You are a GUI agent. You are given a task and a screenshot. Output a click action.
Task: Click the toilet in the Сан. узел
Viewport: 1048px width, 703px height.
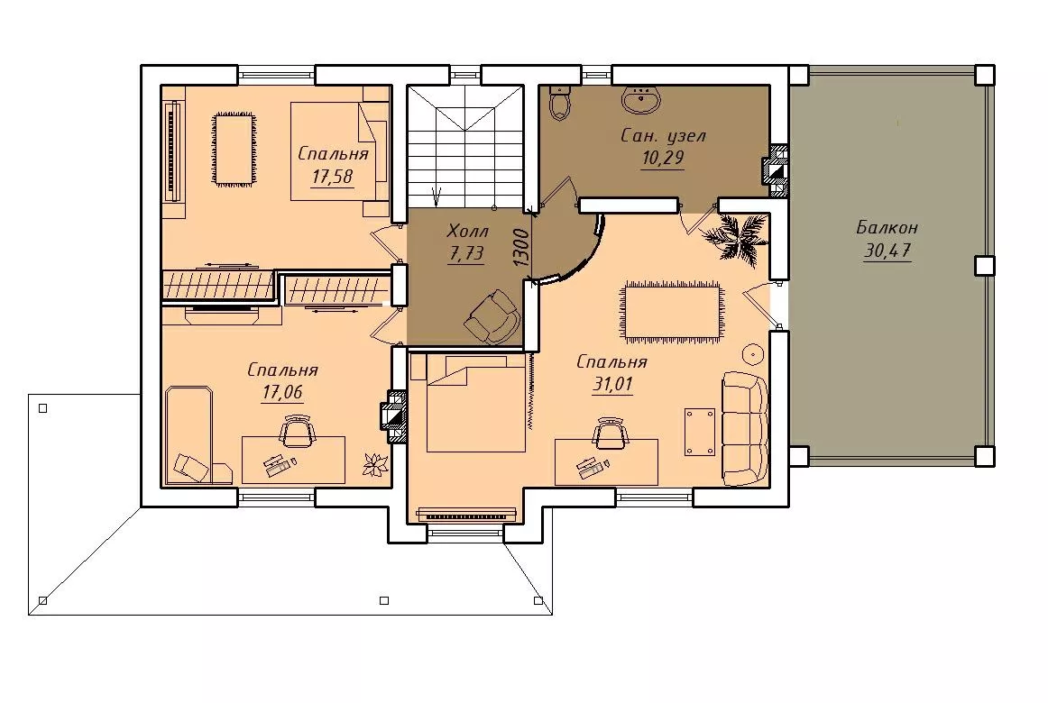[x=559, y=104]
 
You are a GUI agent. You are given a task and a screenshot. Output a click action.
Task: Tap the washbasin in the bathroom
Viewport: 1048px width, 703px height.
[x=641, y=99]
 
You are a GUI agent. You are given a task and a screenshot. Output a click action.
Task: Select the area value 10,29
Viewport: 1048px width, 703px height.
[x=662, y=159]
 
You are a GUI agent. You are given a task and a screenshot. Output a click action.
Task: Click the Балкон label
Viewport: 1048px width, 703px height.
[x=887, y=228]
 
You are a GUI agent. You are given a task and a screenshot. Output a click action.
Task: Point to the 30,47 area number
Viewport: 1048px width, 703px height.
[x=887, y=251]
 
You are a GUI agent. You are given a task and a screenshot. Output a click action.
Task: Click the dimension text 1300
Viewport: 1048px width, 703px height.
[x=522, y=248]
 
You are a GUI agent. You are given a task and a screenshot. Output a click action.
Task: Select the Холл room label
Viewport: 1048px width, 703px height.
[x=467, y=232]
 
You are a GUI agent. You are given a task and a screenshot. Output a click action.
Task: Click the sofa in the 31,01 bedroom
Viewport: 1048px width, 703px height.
[x=745, y=429]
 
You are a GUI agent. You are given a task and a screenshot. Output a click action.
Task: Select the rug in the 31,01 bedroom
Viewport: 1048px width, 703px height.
[x=674, y=312]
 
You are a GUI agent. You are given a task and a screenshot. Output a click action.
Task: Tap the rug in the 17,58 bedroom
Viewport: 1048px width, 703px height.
[x=234, y=148]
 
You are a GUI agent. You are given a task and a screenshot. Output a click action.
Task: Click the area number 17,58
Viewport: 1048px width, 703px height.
[x=332, y=177]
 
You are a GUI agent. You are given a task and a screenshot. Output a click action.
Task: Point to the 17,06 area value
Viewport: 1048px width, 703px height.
[x=282, y=392]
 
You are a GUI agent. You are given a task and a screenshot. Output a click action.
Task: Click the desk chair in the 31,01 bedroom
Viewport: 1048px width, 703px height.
[x=610, y=432]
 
